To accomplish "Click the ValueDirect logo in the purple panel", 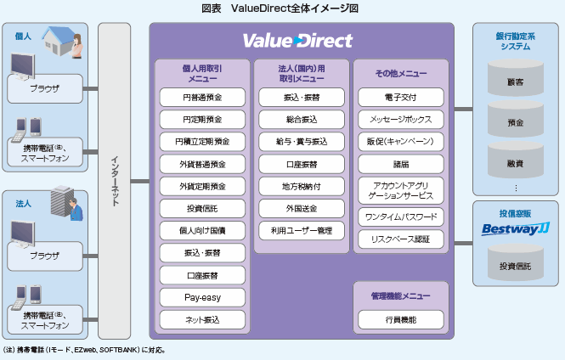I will coord(297,41).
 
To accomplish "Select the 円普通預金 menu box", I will coord(202,97).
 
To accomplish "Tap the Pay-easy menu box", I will coord(202,298).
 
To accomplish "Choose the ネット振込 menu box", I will coord(202,320).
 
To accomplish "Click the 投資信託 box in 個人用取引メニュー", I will coord(202,208).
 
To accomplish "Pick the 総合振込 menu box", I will coord(302,119).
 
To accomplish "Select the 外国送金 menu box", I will coord(302,208).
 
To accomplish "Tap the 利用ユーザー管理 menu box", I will coord(302,230).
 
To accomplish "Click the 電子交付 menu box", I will coord(400,97).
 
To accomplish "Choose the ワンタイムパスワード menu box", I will coord(400,217).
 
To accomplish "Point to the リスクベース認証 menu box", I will coord(400,239).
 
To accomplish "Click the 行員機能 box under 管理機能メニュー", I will coord(400,319).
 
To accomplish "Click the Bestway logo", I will coord(516,228).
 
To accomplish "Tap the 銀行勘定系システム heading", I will coord(516,42).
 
